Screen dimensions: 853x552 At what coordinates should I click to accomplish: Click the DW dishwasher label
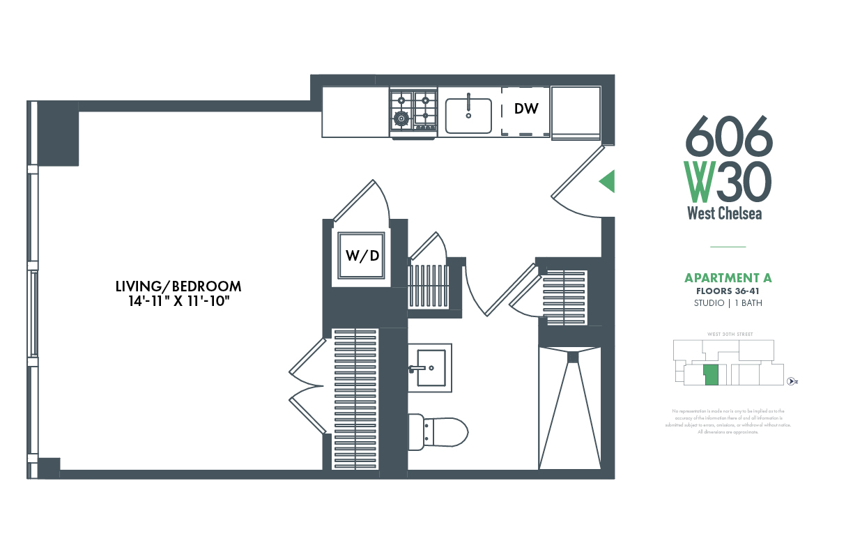526,109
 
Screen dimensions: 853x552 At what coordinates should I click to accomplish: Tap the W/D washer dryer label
362,255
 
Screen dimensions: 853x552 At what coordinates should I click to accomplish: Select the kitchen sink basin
468,115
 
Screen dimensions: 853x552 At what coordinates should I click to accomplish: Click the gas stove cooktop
413,110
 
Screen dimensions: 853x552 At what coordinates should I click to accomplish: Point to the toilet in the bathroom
438,431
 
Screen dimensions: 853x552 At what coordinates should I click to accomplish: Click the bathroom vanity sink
429,367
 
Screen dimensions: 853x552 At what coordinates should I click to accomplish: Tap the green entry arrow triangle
607,181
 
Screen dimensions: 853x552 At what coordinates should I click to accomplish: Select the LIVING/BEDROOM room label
178,286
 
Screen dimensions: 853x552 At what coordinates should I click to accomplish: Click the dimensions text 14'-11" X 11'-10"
178,301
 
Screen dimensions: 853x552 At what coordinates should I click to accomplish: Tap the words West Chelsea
725,213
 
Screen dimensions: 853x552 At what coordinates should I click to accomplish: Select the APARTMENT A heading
728,278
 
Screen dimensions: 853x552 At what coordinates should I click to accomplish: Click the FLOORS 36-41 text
728,291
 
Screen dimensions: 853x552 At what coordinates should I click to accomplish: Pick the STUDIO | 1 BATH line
728,303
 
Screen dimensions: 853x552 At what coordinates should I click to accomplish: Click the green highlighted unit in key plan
711,375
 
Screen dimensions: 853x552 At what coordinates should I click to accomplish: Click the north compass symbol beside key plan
791,381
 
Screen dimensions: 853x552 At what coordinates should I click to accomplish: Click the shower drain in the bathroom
573,357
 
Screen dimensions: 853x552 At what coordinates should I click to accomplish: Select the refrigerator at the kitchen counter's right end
576,112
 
